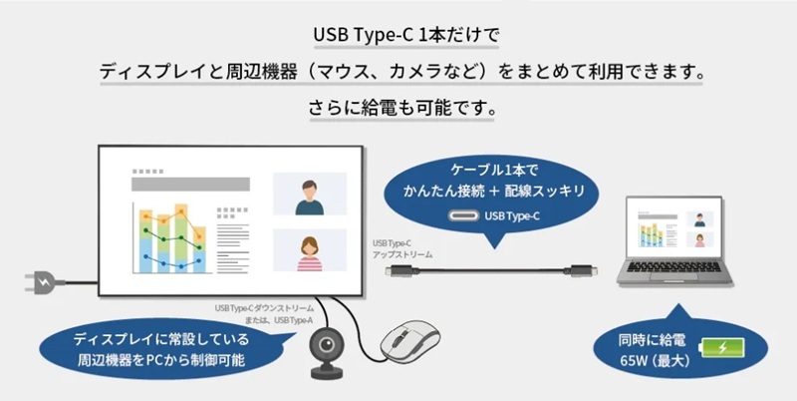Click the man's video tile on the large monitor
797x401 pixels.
309,196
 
